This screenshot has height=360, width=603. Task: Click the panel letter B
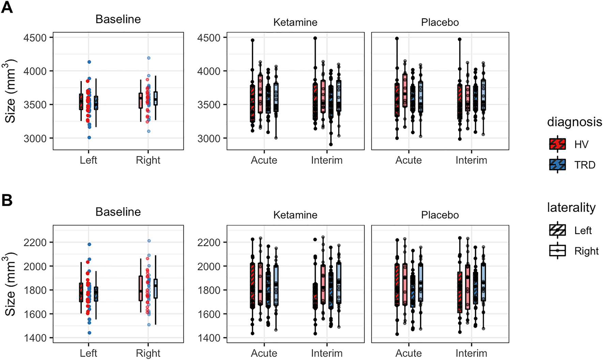pyautogui.click(x=7, y=200)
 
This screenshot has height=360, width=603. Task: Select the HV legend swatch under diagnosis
pyautogui.click(x=557, y=144)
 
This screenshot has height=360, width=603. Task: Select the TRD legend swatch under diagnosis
pyautogui.click(x=557, y=165)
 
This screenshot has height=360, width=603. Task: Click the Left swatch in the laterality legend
pyautogui.click(x=557, y=231)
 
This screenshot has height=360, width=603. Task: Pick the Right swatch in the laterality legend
pyautogui.click(x=557, y=251)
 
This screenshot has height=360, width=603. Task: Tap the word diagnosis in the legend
pyautogui.click(x=574, y=122)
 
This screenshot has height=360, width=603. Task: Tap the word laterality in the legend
pyautogui.click(x=571, y=207)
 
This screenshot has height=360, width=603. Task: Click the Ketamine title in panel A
pyautogui.click(x=295, y=22)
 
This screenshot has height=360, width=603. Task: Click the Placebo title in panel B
pyautogui.click(x=440, y=215)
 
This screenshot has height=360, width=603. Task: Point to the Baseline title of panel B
pyautogui.click(x=118, y=212)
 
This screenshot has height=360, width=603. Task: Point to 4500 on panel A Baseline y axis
pyautogui.click(x=35, y=38)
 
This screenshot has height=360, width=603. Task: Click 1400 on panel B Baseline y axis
pyautogui.click(x=35, y=338)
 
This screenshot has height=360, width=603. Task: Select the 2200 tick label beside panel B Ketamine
pyautogui.click(x=208, y=242)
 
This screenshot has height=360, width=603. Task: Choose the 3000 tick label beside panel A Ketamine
pyautogui.click(x=208, y=139)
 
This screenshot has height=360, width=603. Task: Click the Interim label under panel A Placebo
pyautogui.click(x=471, y=160)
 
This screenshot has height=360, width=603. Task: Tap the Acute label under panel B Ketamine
pyautogui.click(x=264, y=353)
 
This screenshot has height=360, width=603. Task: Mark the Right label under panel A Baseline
pyautogui.click(x=148, y=160)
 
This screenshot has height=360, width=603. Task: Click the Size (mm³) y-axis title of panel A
pyautogui.click(x=11, y=91)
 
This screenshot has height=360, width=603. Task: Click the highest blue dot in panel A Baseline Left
pyautogui.click(x=89, y=62)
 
